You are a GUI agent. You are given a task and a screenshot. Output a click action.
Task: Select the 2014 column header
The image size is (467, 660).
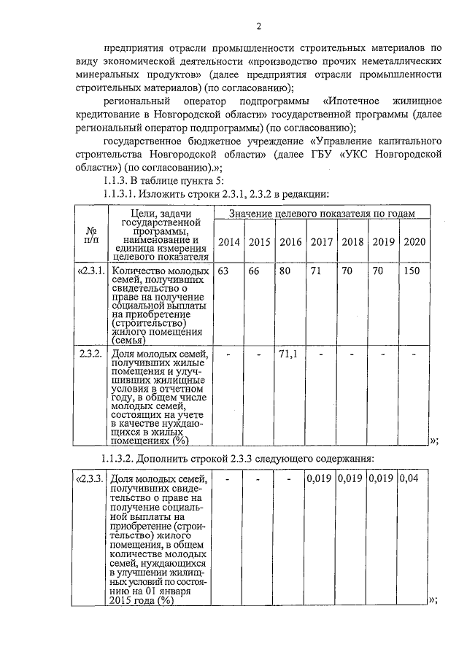click(x=228, y=242)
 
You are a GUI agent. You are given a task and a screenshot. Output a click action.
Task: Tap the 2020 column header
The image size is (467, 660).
click(x=414, y=242)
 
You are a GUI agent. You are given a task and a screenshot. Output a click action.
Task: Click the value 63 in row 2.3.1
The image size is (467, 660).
click(x=223, y=271)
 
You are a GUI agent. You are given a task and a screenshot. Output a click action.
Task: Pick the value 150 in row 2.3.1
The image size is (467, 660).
click(x=413, y=271)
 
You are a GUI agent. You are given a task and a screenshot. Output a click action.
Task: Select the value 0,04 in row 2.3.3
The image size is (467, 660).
click(x=413, y=479)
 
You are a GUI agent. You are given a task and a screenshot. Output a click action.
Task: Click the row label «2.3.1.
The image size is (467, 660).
click(x=92, y=271)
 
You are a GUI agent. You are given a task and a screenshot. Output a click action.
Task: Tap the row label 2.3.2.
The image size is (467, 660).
click(x=93, y=354)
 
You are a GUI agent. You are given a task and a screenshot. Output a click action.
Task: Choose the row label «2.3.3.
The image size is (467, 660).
click(x=91, y=479)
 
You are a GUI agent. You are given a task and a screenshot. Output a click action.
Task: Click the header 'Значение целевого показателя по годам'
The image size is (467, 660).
click(x=322, y=213)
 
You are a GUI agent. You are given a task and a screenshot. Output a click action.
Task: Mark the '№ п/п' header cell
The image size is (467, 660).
click(x=92, y=233)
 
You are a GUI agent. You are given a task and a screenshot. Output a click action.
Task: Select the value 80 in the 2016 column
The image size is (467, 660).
click(x=285, y=271)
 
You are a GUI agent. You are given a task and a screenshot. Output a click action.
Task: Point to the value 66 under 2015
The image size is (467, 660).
click(x=254, y=271)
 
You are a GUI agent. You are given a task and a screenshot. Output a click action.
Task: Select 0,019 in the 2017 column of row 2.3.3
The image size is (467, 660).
click(x=318, y=479)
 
